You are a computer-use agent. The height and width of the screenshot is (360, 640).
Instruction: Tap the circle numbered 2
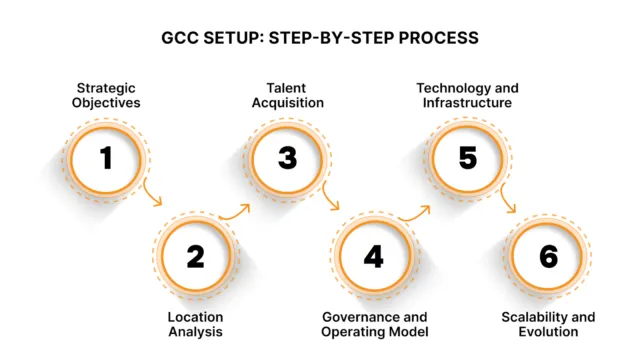coord(195,257)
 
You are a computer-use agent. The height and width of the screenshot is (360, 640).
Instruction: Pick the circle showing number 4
coord(373,257)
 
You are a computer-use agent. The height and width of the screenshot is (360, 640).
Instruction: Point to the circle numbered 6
coord(548,257)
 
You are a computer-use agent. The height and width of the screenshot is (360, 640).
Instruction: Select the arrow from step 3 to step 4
coord(331,200)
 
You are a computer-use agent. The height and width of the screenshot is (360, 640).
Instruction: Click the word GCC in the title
coord(185,39)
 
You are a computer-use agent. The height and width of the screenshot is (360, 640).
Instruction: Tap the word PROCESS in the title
coord(437,39)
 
